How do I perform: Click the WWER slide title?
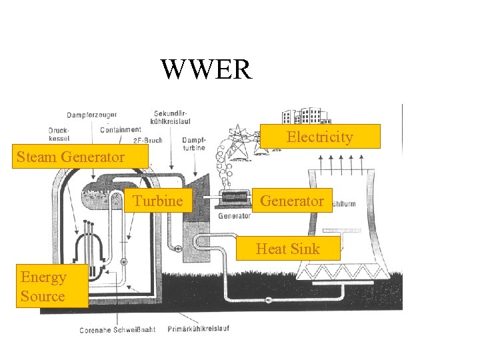pos(206,69)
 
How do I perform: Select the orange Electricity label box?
pos(319,137)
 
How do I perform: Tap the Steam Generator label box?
pos(71,157)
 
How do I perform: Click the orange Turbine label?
pos(157,201)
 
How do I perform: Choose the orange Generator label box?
pos(292,201)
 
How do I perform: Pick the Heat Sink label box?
pos(288,249)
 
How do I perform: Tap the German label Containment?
pos(121,129)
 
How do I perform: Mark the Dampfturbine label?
pos(193,144)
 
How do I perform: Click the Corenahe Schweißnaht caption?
pos(117,329)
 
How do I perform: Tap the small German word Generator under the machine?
pos(234,216)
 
